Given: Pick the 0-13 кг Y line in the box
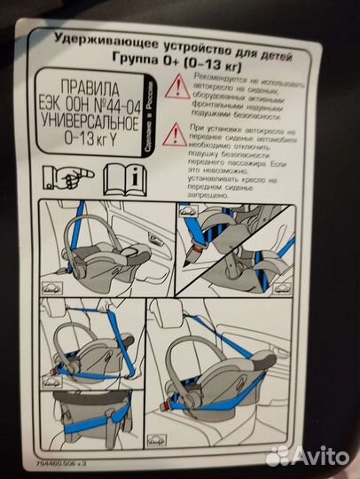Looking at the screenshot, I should (91, 141).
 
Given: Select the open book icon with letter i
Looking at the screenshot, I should (121, 177).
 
